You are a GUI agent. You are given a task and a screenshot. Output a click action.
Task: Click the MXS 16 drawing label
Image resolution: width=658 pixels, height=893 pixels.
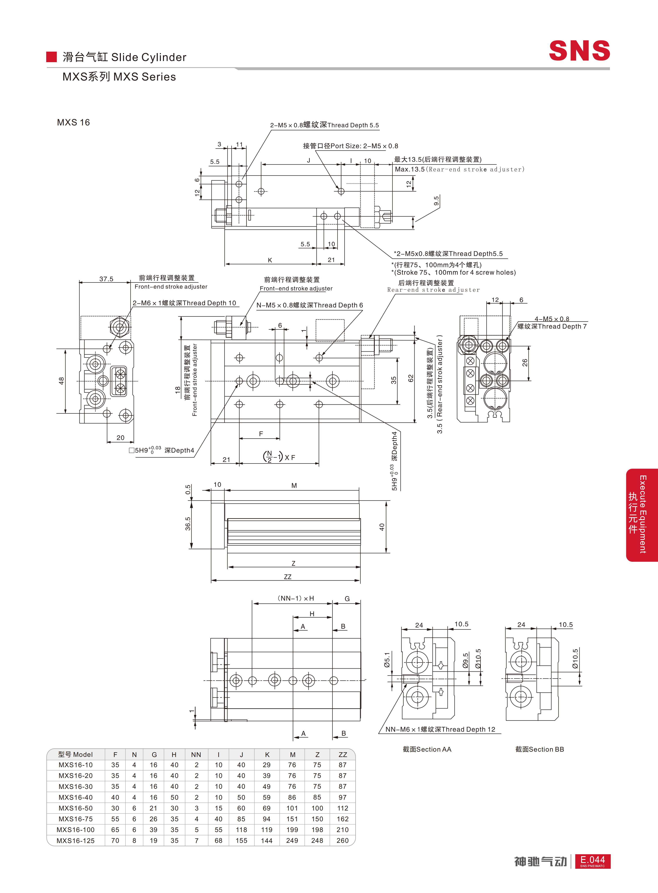tap(73, 122)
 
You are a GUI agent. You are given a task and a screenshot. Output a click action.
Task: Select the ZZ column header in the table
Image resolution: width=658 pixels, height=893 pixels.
tap(342, 754)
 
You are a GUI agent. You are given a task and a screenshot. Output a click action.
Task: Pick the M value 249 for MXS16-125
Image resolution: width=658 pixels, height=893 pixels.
tap(292, 840)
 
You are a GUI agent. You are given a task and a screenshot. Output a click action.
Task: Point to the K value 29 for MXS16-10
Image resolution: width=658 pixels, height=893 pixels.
tap(266, 765)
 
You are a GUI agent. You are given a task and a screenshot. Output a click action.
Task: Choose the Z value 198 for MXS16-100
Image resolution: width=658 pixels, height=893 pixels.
tap(317, 830)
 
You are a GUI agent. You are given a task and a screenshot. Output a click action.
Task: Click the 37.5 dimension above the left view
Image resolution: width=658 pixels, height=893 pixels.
tap(106, 279)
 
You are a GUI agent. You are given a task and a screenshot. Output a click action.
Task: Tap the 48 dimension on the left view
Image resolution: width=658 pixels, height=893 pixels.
tap(61, 381)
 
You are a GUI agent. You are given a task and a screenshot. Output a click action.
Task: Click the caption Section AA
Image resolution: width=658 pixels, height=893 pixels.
tap(427, 749)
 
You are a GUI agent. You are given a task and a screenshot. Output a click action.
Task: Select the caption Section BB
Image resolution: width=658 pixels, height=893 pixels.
tap(540, 749)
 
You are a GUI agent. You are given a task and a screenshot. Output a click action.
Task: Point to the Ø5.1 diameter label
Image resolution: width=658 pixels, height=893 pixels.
tap(387, 660)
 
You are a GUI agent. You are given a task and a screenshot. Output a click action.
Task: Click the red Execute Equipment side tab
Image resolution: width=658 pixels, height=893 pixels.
tap(642, 515)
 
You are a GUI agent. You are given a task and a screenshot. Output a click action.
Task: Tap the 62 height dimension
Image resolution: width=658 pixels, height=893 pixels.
tap(411, 378)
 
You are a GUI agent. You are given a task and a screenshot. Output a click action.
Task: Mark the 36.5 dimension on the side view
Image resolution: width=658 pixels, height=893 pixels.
tap(188, 524)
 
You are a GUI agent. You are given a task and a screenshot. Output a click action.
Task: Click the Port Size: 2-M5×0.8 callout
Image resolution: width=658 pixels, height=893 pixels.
tap(351, 146)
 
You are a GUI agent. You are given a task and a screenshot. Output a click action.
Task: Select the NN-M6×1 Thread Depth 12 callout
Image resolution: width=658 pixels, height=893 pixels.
tap(440, 729)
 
